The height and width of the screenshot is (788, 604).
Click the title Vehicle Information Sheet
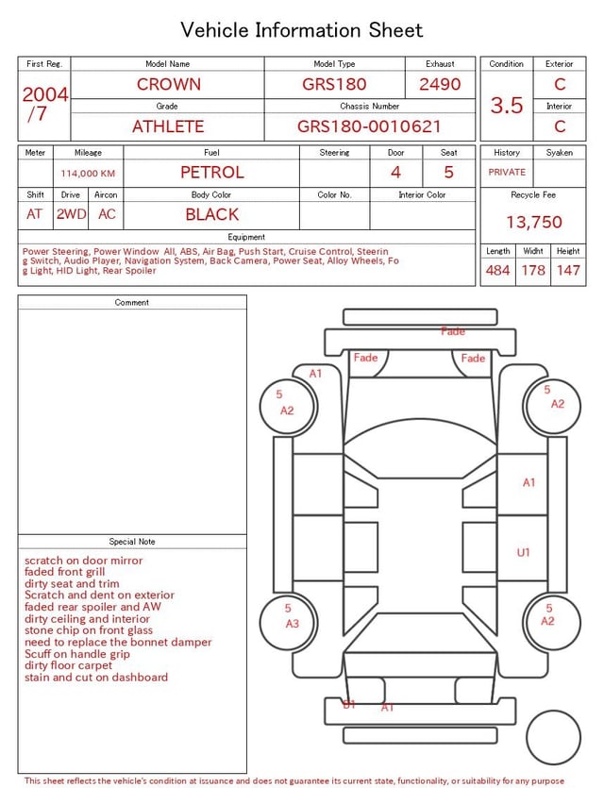coord(301,30)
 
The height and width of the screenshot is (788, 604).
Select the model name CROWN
coord(168,84)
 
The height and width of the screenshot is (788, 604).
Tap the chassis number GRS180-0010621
coord(369,126)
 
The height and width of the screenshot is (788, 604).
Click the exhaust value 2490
coord(440,84)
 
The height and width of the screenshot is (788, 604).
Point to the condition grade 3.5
coord(507,106)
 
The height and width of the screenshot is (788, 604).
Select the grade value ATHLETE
coord(167,126)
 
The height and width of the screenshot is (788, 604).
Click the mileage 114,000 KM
coord(88,174)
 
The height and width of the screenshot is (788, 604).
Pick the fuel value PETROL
coord(211,172)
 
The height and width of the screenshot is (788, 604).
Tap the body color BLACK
coord(211,214)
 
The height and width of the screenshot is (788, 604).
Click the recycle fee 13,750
coord(533,223)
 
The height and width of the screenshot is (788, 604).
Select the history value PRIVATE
coord(507,172)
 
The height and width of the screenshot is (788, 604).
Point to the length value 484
coord(497,271)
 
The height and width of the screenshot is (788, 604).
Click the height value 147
coord(567,271)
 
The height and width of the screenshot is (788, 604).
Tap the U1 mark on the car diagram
coord(523,552)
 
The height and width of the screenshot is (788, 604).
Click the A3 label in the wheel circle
coord(292,624)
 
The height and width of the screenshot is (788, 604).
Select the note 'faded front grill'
coord(65,572)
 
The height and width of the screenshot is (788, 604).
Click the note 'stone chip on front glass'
coord(89,630)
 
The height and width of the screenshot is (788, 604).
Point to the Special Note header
coord(132,542)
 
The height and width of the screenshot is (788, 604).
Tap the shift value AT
coord(35,214)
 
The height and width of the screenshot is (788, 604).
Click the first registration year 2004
coord(44,94)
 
